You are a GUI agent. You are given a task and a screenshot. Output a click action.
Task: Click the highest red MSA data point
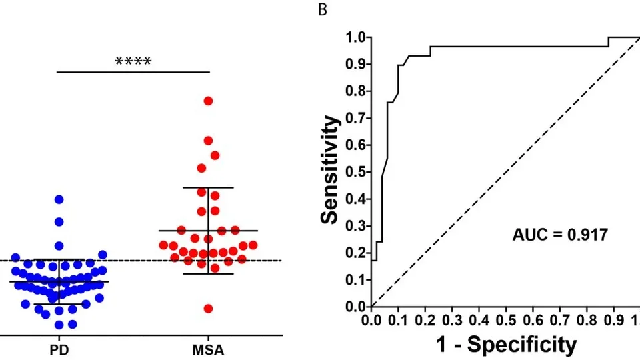[x=208, y=101]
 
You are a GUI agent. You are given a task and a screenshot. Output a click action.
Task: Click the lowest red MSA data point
[x=208, y=309]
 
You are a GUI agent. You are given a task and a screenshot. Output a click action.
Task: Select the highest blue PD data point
[x=59, y=199]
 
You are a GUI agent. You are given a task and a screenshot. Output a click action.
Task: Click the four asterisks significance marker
[x=133, y=62]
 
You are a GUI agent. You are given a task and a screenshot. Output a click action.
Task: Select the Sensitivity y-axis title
[x=331, y=169]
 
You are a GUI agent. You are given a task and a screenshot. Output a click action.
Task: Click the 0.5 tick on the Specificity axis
[x=506, y=320]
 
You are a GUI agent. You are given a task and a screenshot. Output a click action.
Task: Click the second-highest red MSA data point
[x=208, y=141]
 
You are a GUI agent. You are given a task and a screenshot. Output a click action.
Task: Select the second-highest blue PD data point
[x=59, y=221]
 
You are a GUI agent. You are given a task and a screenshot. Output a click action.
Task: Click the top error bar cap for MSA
[x=208, y=187]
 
